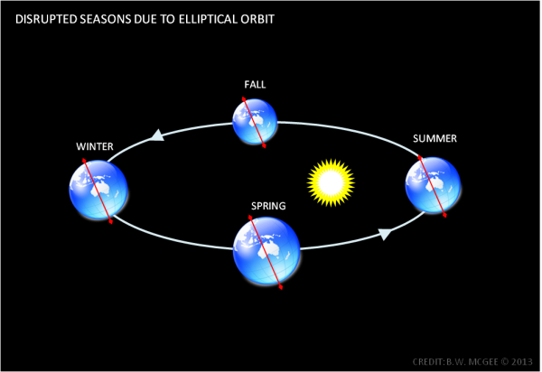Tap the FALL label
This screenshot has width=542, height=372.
255,85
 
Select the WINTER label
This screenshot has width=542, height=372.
95,146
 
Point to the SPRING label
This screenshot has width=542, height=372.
268,206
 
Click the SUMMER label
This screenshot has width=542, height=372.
435,139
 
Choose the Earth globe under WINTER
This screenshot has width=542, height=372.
98,190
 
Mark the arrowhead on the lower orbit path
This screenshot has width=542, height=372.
385,235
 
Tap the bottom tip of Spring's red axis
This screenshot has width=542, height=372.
282,287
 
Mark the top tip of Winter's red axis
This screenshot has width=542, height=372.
84,160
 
